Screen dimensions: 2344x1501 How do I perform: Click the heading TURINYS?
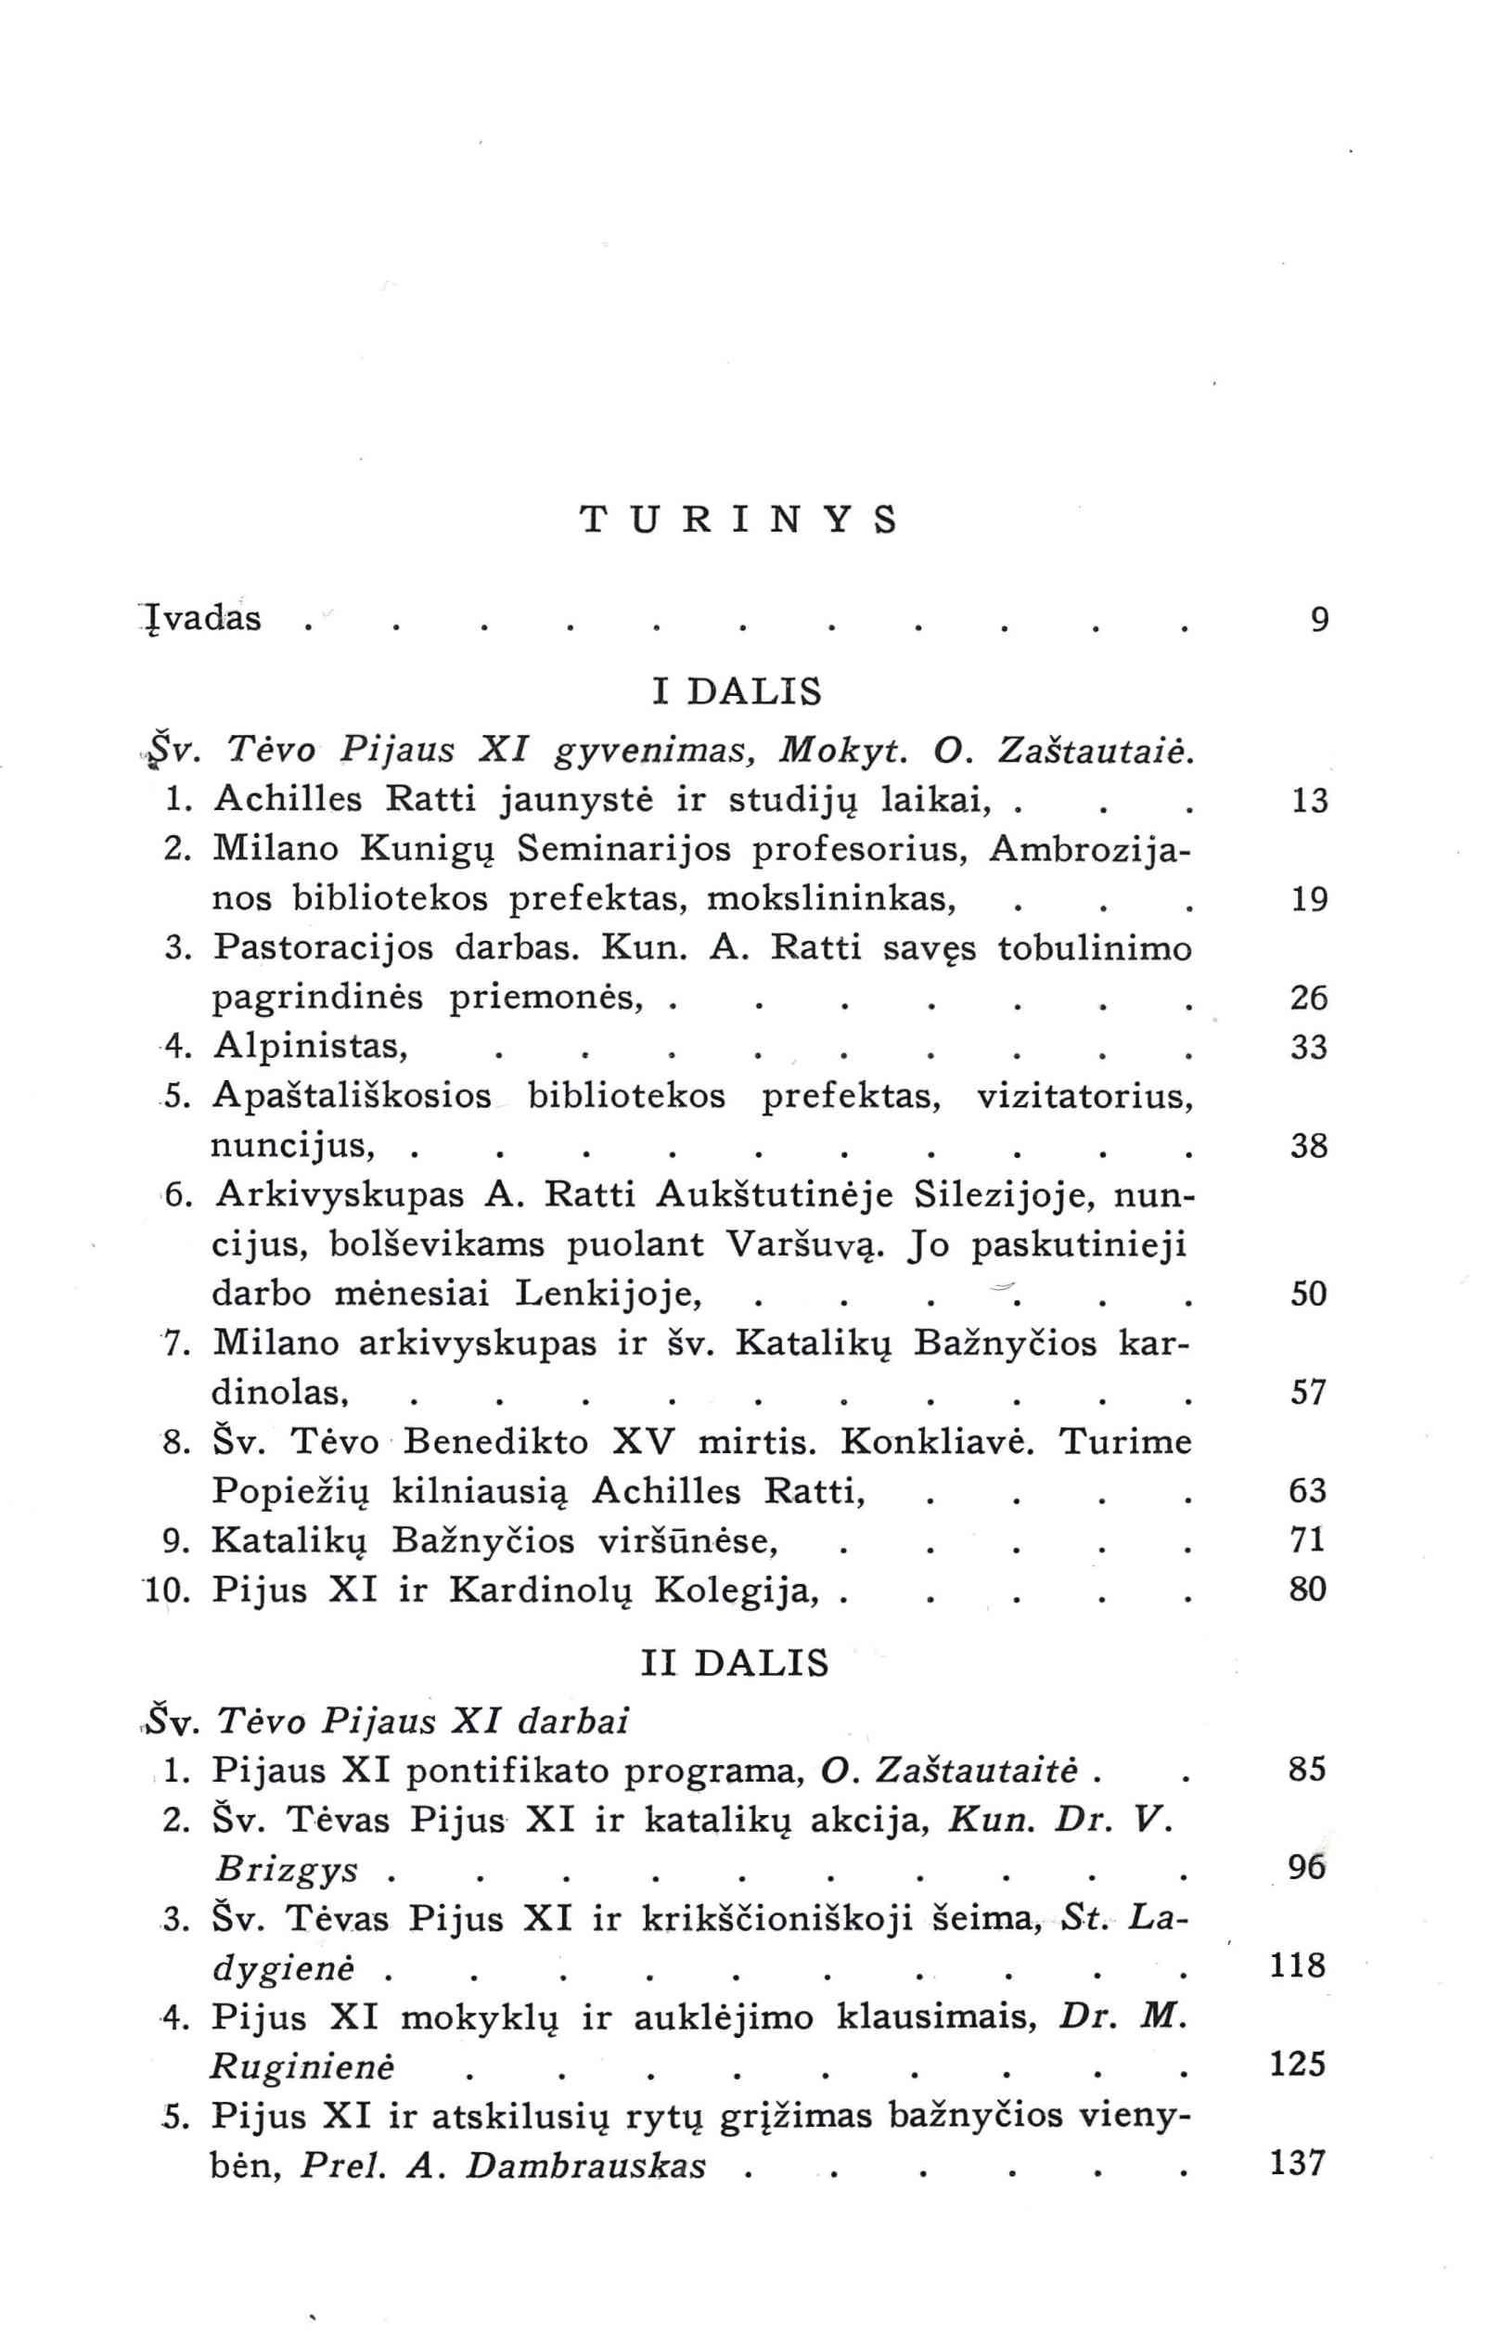click(738, 521)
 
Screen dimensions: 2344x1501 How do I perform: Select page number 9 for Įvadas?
click(1320, 620)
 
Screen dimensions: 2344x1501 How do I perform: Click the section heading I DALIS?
click(737, 691)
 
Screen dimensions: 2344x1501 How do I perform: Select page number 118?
click(1300, 1965)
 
